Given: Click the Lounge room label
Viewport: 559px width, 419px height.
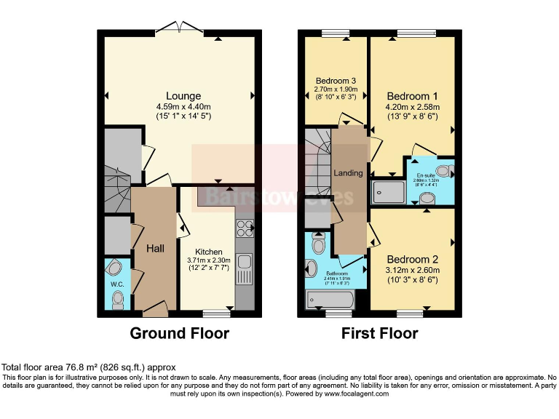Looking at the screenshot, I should tap(183, 96).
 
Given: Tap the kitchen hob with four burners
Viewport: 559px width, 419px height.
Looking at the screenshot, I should tap(243, 231).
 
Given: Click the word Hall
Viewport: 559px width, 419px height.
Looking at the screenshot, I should tap(156, 249).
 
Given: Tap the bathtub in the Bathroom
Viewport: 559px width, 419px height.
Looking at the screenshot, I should tap(331, 298).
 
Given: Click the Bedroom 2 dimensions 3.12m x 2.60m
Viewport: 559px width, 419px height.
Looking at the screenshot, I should tap(412, 270).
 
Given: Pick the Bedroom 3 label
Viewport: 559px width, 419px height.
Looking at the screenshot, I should tap(334, 80).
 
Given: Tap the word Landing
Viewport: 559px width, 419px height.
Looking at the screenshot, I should tap(348, 173).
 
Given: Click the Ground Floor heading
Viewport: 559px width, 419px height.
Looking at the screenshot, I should tap(179, 334).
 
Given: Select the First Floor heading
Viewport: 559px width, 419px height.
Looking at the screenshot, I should tap(380, 334).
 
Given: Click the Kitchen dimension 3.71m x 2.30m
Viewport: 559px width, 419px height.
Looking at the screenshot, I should tap(208, 260).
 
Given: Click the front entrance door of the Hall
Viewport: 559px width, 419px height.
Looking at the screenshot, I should tap(154, 312).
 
